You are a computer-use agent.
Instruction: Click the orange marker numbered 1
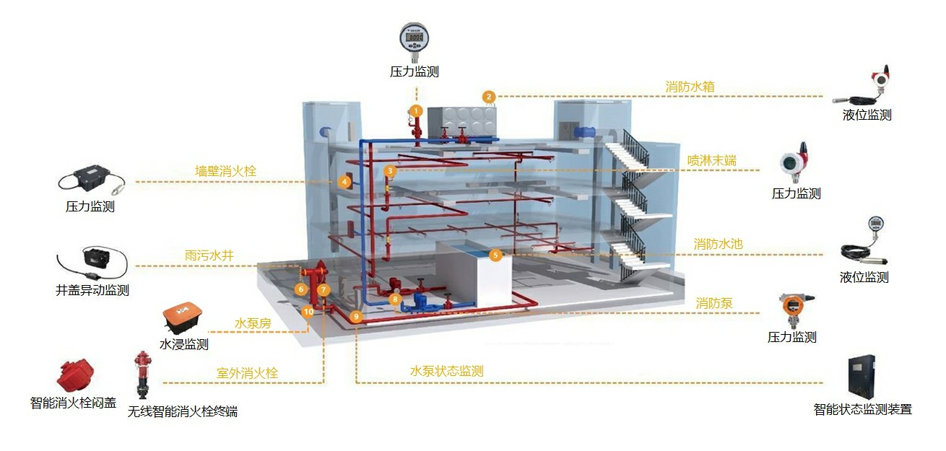tap(415, 110)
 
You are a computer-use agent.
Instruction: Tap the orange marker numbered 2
tap(489, 97)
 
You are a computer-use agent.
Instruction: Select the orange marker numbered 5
tap(495, 255)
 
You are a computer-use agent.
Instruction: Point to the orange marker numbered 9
tap(355, 316)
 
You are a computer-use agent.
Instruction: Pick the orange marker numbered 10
tap(308, 312)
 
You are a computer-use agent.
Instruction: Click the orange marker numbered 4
tap(345, 182)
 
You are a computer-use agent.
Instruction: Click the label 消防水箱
tap(690, 87)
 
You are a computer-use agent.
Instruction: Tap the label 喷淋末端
tap(711, 160)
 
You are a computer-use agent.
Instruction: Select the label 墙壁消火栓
tap(225, 171)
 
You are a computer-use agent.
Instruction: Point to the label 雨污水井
tap(209, 255)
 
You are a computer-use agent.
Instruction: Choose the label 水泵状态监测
tap(446, 372)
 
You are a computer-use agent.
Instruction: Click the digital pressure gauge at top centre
tap(415, 40)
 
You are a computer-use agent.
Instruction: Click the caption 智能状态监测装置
tap(862, 410)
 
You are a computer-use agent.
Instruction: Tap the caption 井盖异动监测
tap(92, 291)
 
